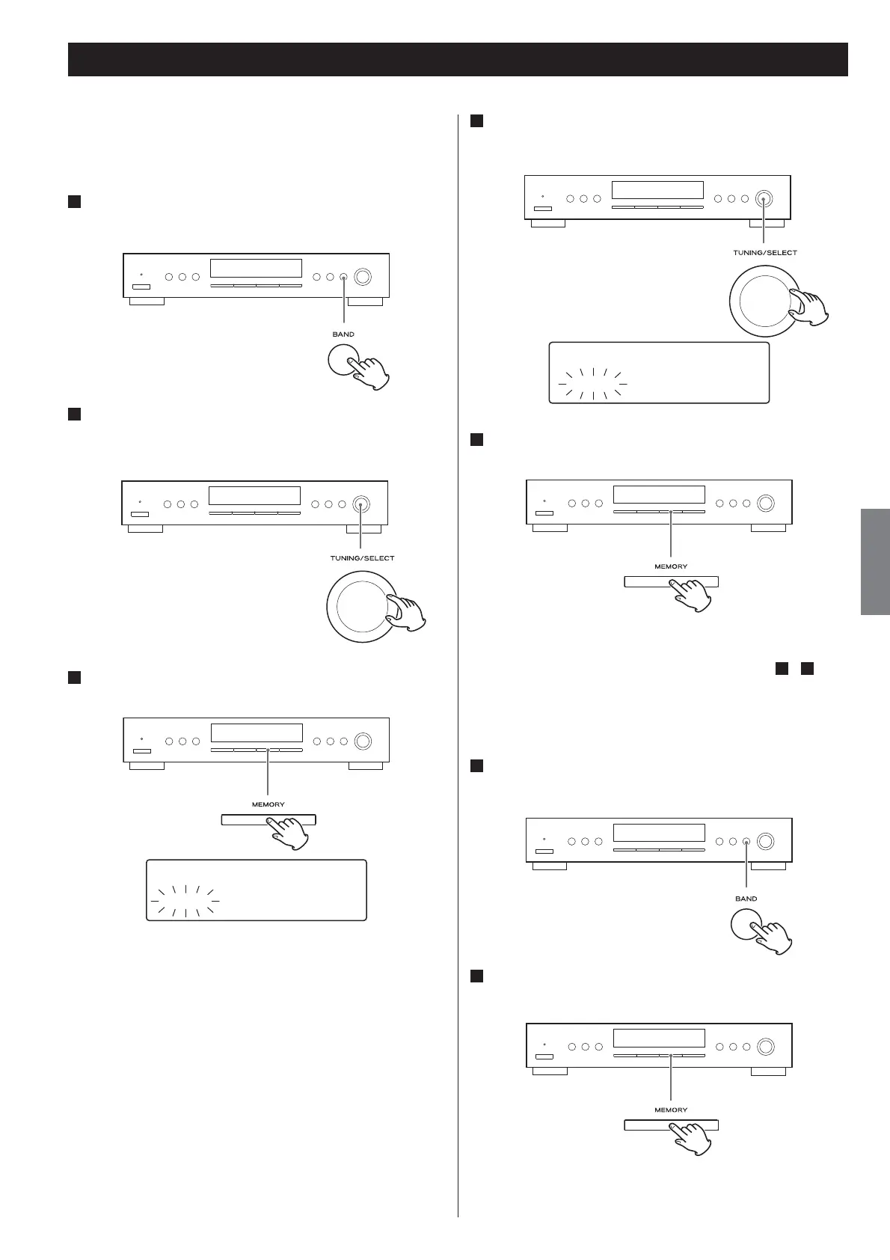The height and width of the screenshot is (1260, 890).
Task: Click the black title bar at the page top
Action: [x=458, y=59]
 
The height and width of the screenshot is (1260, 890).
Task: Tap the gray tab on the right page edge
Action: [x=874, y=561]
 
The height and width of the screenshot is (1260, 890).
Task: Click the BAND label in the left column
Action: [x=343, y=334]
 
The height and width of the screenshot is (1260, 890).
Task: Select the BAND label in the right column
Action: [x=746, y=899]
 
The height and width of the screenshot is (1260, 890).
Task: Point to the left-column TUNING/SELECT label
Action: [x=362, y=558]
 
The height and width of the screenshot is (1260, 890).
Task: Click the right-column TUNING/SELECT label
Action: [x=764, y=253]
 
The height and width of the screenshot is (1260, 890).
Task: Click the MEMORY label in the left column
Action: [x=268, y=804]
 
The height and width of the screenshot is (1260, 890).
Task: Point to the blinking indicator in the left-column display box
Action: [x=185, y=901]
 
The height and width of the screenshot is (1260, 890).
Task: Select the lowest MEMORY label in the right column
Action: [x=670, y=1110]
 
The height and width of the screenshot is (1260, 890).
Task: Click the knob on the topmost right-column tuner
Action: [x=764, y=199]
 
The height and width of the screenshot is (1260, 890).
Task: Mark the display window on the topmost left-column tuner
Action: [x=256, y=268]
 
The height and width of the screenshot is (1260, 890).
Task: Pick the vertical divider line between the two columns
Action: [x=458, y=673]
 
